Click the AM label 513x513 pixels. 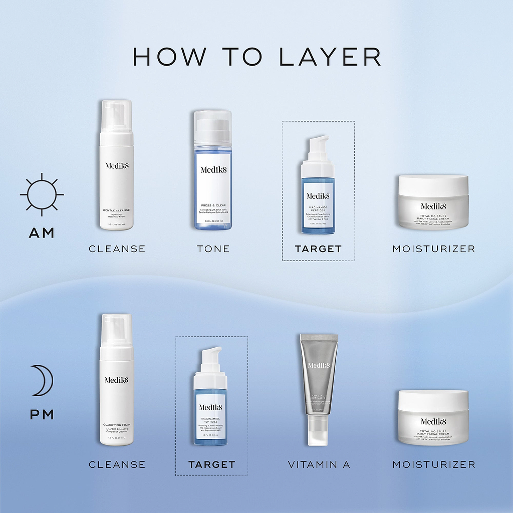tap(42, 233)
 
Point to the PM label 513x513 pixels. tap(42, 415)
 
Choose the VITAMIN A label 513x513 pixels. tap(319, 465)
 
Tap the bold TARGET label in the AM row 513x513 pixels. tap(318, 248)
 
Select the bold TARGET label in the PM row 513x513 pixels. tap(212, 465)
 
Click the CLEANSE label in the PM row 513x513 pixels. tap(117, 465)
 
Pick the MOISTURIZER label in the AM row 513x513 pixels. tap(433, 248)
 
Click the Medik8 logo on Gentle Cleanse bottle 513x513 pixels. tap(117, 166)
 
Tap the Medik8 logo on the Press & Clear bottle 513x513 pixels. tap(212, 169)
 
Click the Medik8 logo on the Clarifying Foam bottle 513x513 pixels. tap(117, 380)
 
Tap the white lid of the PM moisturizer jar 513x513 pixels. tap(433, 400)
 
